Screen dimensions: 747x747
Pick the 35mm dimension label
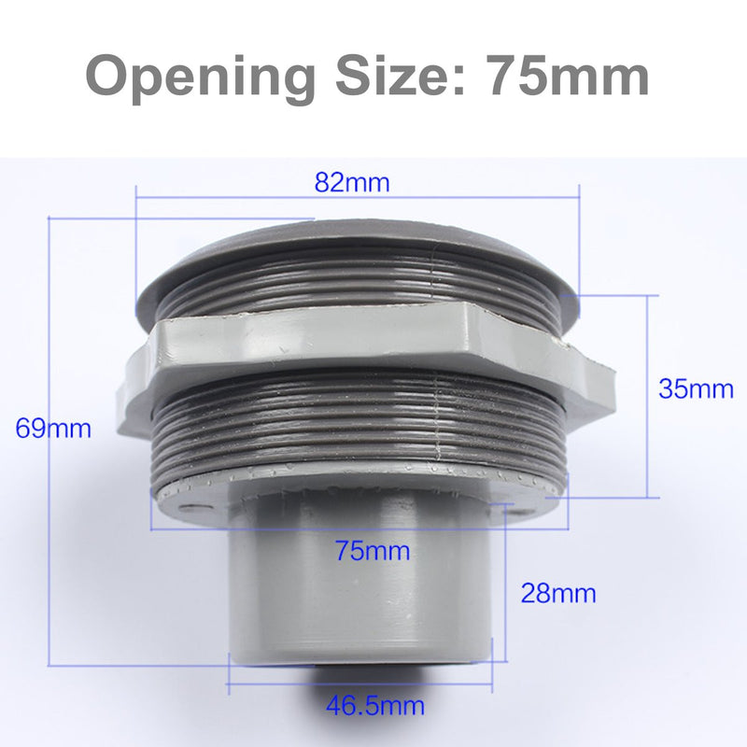click(696, 388)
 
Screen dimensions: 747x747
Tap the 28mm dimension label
click(558, 592)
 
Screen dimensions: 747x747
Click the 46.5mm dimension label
click(374, 705)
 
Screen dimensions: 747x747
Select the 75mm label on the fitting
click(373, 551)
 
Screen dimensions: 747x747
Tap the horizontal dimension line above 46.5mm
click(364, 683)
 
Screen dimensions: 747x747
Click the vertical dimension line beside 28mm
click(505, 588)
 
